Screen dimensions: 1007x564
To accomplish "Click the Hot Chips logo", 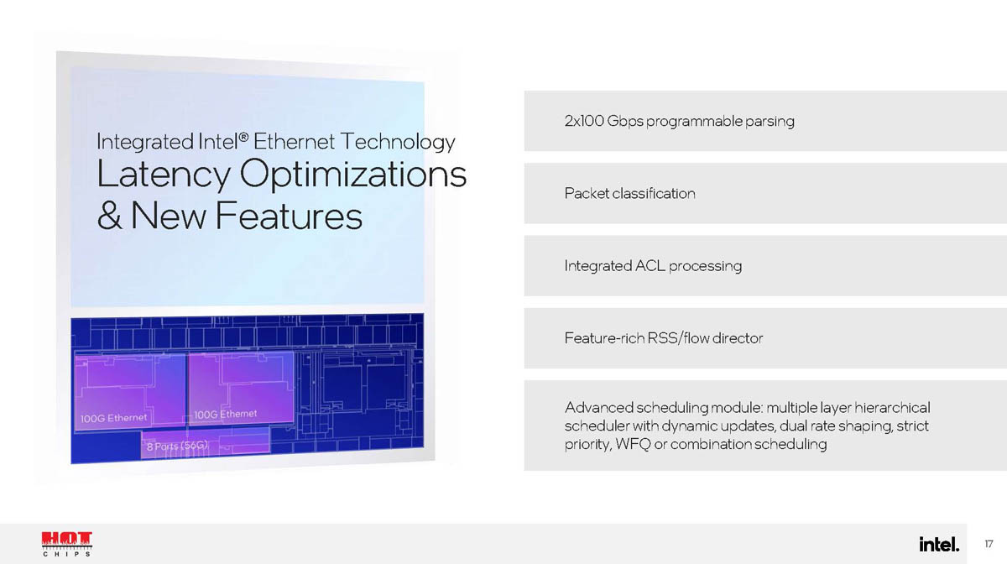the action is tap(67, 544).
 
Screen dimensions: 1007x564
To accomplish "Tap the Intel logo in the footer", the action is tap(939, 544).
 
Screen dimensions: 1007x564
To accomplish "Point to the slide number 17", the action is tap(989, 544).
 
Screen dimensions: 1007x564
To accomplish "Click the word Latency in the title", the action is tap(164, 174).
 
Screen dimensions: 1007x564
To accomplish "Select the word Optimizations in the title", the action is tap(353, 174).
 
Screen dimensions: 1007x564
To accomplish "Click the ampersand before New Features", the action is tap(109, 216).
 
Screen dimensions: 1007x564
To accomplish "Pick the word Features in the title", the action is tap(289, 216).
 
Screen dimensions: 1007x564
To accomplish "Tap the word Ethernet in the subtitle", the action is tap(294, 141).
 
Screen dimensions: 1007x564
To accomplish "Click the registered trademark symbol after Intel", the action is tap(243, 136).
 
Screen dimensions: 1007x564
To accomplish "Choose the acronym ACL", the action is tap(650, 266).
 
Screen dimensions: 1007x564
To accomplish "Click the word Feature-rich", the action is tap(604, 338).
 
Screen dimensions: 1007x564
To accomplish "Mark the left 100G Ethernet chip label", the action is tap(114, 418).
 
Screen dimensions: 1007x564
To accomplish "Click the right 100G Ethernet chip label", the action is tap(225, 414).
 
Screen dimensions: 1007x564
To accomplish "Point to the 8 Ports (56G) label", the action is tap(178, 446).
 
